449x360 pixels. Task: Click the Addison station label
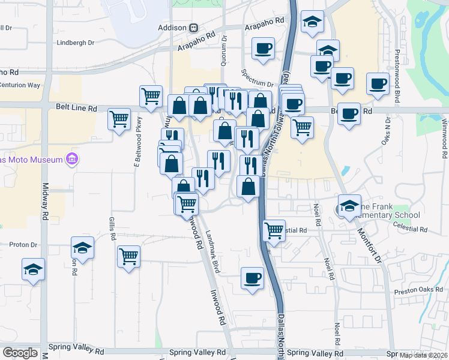click(x=172, y=28)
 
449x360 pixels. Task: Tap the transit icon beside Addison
click(x=194, y=28)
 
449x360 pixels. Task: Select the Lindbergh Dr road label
click(x=76, y=43)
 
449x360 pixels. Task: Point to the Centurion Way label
click(x=20, y=85)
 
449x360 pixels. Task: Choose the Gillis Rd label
click(x=112, y=229)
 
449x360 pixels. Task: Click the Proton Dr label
click(x=23, y=245)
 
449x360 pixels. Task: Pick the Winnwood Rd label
click(x=444, y=139)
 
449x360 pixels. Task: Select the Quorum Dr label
click(x=223, y=49)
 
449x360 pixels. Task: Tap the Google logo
click(x=20, y=353)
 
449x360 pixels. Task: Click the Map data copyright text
click(x=423, y=355)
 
